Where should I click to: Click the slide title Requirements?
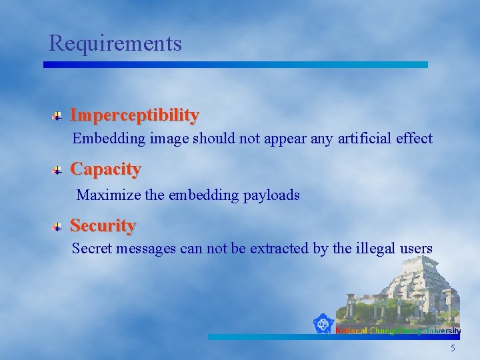115,43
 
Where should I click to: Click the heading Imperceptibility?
134,115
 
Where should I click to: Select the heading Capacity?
105,169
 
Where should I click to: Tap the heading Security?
103,225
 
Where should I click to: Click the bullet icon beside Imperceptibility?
59,116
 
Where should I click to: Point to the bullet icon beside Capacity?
59,171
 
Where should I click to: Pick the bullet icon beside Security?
59,227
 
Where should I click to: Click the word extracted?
279,249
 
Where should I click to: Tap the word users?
417,249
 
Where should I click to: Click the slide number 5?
453,349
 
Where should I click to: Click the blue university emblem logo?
323,324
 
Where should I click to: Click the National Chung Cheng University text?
398,331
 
